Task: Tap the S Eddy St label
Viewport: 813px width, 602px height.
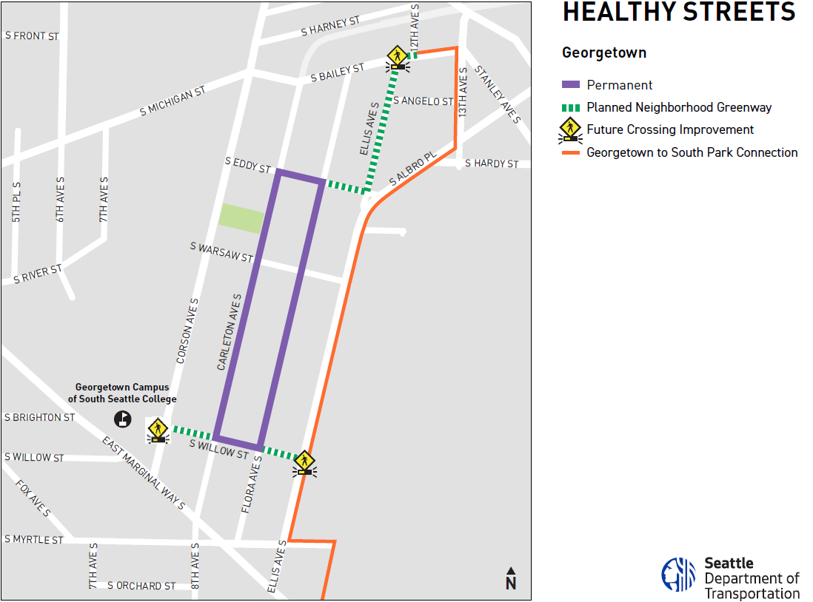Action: pos(248,164)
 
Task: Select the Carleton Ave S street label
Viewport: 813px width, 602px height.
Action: pos(230,331)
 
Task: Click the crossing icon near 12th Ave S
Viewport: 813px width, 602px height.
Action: pos(398,58)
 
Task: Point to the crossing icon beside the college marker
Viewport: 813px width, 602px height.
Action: pos(157,430)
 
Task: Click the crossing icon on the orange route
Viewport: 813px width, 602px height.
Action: pos(304,463)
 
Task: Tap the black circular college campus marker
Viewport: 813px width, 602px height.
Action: pos(122,419)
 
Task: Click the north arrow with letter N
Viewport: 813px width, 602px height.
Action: pos(511,578)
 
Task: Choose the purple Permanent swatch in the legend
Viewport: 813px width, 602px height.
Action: pos(571,85)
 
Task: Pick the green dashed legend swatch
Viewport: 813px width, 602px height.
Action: pos(571,107)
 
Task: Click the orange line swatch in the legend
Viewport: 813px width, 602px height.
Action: pos(571,153)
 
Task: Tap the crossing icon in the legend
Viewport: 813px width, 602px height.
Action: pos(570,129)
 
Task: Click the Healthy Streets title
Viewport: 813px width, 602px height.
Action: pos(678,13)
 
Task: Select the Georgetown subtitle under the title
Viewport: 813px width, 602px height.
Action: pos(603,53)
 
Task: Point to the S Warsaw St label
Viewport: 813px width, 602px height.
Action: pos(221,251)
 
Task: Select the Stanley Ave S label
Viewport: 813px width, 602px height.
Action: pos(498,94)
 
